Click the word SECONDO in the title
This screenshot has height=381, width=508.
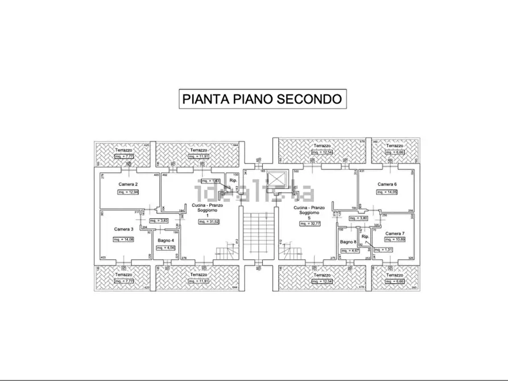click(x=309, y=98)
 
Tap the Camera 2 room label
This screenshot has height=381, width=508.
click(x=129, y=184)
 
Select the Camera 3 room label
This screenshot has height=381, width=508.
click(x=123, y=229)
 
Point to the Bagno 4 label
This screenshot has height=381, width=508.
click(x=166, y=240)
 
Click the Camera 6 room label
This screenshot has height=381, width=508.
click(x=387, y=184)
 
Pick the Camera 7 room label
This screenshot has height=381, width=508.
click(x=395, y=234)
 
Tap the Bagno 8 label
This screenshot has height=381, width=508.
click(x=348, y=242)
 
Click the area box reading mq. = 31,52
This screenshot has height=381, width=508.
click(x=209, y=221)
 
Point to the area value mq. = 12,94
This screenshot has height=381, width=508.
click(x=129, y=192)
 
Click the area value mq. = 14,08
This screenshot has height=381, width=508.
click(x=123, y=239)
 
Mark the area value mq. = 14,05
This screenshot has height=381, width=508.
click(x=387, y=192)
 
